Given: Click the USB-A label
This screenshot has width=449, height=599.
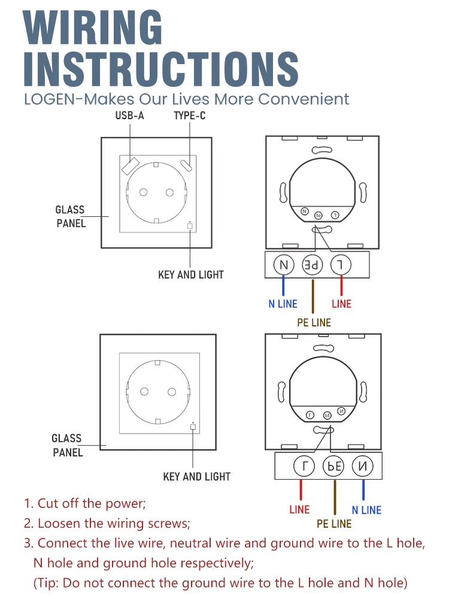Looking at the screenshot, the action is click(x=129, y=116).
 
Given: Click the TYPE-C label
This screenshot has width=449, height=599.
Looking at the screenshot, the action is click(x=190, y=116).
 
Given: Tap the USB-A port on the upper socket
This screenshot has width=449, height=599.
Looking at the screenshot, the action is click(x=130, y=166).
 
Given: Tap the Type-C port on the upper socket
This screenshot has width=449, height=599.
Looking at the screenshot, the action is click(x=186, y=165).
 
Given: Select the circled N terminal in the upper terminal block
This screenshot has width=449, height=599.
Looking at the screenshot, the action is click(x=284, y=265).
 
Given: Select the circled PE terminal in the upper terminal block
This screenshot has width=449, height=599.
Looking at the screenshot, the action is click(x=313, y=265).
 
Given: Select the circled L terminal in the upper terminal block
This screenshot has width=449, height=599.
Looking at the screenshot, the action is click(x=341, y=265).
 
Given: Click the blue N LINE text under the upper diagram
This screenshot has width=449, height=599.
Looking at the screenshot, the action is click(x=283, y=304).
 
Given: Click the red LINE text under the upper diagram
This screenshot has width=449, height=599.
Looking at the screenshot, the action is click(x=341, y=304).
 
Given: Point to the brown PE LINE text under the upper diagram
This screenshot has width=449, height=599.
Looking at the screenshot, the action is click(x=314, y=323).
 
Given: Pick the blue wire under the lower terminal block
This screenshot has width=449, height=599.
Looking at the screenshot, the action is click(x=363, y=490).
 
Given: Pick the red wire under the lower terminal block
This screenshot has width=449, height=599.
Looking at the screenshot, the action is click(x=301, y=490).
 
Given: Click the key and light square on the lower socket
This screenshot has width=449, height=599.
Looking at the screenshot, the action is click(x=193, y=426).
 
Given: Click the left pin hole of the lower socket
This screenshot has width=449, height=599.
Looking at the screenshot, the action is click(x=144, y=392).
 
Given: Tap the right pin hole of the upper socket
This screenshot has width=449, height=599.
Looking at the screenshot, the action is click(x=169, y=192).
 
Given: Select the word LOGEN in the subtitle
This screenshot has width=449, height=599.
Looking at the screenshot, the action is click(x=50, y=99).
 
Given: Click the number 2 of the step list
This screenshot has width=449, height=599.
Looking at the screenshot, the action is click(x=27, y=524).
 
